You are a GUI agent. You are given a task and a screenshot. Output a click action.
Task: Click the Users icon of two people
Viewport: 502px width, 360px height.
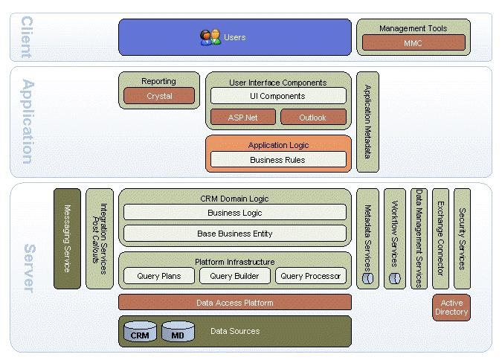click(x=210, y=37)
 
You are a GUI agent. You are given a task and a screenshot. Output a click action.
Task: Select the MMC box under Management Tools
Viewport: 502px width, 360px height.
click(x=413, y=43)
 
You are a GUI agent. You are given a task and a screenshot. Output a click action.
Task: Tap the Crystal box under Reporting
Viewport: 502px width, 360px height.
click(x=159, y=96)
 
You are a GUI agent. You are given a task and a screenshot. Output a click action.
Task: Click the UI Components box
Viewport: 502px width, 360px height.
click(x=278, y=96)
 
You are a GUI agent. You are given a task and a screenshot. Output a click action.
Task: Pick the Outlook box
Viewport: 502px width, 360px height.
click(x=313, y=117)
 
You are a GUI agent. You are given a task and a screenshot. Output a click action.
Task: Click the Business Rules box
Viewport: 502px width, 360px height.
click(x=278, y=159)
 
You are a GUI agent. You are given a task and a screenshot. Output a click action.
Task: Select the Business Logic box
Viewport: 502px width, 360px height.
click(x=235, y=213)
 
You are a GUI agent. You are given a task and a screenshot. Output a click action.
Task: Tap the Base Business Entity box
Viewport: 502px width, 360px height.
click(x=235, y=234)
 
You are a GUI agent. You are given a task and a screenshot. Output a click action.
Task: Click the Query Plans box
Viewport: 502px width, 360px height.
click(x=158, y=276)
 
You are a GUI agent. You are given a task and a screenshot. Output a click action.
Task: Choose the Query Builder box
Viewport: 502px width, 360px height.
click(x=234, y=276)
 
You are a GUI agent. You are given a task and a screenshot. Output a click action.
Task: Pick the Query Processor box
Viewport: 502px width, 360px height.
click(x=311, y=276)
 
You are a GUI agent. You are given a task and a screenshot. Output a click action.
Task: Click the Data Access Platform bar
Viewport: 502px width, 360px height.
click(x=235, y=303)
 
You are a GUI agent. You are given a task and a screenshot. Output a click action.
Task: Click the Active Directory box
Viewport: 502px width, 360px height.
click(x=451, y=307)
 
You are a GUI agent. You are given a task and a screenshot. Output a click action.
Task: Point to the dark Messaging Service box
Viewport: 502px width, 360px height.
click(x=67, y=238)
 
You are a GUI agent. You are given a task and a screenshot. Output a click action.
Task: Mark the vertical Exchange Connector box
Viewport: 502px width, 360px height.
click(x=440, y=238)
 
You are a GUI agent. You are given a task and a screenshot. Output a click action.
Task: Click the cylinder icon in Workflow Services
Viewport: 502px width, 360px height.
click(x=394, y=278)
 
